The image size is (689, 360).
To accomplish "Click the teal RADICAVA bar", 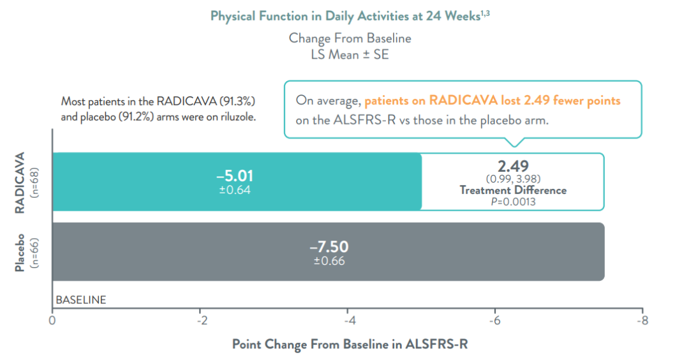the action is (x=237, y=181).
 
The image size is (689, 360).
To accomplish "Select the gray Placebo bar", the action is (x=329, y=251).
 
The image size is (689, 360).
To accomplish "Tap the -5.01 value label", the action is (x=235, y=176).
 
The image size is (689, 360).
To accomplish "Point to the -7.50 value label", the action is (x=329, y=246).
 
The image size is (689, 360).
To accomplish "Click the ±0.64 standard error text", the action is (x=235, y=190).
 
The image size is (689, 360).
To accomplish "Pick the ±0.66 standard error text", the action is (x=329, y=261).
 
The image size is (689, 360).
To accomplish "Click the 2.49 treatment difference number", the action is (x=513, y=166).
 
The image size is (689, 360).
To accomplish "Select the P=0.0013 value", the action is (x=513, y=202).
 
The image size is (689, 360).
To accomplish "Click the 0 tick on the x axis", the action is (x=52, y=320).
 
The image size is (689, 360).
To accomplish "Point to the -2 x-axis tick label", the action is (x=202, y=320).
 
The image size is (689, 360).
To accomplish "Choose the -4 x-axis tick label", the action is (x=350, y=320).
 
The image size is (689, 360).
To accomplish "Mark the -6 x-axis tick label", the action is (x=495, y=320).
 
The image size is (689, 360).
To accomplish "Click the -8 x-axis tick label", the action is (x=642, y=320).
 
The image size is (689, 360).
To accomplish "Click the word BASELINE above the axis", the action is (x=81, y=300).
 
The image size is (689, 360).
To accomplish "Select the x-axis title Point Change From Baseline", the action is (x=350, y=344).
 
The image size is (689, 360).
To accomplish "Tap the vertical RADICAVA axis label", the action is (x=20, y=183).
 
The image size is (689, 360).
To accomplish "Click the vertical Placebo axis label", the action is (x=20, y=253).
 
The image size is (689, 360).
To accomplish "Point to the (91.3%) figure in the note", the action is (x=237, y=101).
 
